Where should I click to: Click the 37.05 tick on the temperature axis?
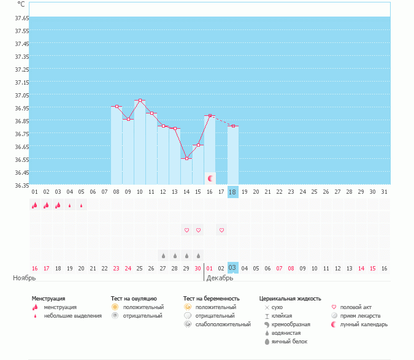[22, 95]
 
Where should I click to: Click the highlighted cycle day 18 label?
[232, 192]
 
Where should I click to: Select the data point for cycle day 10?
[140, 101]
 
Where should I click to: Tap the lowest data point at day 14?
[186, 159]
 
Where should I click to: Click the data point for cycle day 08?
[117, 107]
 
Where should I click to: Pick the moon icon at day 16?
[210, 178]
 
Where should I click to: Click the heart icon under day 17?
[221, 230]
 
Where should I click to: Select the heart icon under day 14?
[186, 230]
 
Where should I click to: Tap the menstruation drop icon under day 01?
[34, 205]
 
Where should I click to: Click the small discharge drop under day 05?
[81, 205]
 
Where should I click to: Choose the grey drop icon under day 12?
[163, 255]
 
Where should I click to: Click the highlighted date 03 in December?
[232, 268]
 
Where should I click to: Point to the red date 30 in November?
[197, 268]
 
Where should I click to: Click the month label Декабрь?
[219, 278]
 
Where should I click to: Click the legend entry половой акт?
[355, 307]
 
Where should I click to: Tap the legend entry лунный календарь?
[363, 324]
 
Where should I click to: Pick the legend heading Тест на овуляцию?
[134, 298]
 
